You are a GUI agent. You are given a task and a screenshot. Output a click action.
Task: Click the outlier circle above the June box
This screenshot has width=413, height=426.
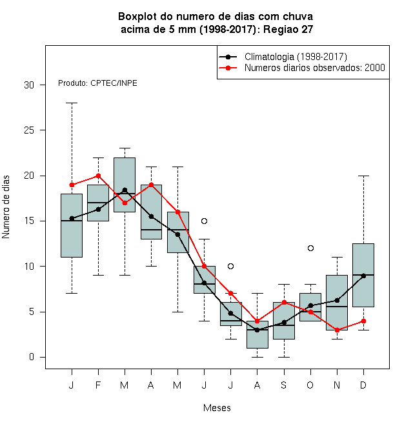click(x=204, y=221)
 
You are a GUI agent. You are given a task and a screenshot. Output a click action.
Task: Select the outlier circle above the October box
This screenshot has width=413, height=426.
click(x=310, y=248)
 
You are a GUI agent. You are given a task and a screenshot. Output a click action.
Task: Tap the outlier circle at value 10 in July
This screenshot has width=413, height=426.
click(x=230, y=266)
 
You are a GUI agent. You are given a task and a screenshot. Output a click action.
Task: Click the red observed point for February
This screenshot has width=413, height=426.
click(x=98, y=176)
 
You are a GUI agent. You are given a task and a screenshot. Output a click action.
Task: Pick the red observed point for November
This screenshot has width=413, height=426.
click(x=337, y=330)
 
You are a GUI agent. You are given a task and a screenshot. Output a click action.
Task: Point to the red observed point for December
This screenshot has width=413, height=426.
click(x=363, y=321)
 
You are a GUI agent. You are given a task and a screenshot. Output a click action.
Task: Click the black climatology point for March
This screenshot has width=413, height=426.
click(x=125, y=190)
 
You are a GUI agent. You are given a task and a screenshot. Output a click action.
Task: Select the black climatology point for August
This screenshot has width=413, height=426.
click(x=257, y=330)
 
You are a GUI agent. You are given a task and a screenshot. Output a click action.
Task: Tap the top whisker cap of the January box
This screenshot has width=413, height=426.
click(x=72, y=103)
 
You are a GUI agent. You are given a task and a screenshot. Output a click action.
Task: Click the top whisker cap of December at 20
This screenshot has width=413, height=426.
click(x=363, y=176)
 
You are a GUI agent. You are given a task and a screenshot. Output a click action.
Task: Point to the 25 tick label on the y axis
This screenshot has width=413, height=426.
click(x=29, y=130)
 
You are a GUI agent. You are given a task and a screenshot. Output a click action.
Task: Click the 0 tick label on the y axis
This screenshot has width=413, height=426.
click(x=32, y=357)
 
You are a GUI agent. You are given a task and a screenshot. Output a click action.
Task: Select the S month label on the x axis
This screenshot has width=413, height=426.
click(x=284, y=385)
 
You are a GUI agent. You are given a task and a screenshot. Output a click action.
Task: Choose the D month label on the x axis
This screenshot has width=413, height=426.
click(x=363, y=385)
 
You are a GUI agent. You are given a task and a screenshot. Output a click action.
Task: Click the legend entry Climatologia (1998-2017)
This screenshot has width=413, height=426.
click(x=296, y=57)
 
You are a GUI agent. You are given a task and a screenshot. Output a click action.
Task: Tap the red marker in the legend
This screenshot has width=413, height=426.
click(x=228, y=68)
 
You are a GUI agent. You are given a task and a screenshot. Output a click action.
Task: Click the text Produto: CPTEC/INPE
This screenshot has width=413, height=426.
click(x=97, y=83)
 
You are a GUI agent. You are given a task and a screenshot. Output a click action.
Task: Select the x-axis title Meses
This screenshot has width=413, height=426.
click(x=217, y=408)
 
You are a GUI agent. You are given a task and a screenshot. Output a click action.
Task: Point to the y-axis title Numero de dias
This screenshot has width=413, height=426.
click(x=6, y=207)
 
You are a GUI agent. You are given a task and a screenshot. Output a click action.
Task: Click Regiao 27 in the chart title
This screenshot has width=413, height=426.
click(x=288, y=29)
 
